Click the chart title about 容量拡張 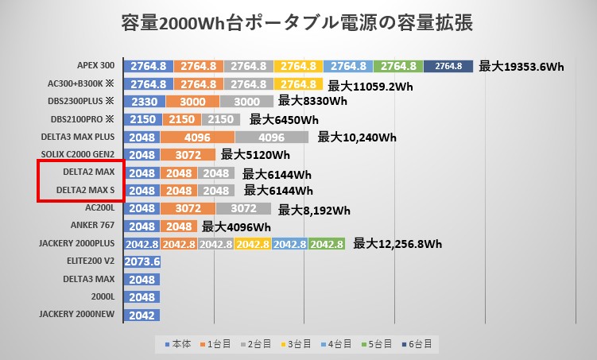(298, 22)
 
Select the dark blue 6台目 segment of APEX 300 (448, 66)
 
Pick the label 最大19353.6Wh (521, 67)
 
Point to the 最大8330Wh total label (312, 101)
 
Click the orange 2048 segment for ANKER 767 (180, 226)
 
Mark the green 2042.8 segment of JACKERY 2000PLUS (327, 244)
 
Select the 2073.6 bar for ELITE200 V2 (143, 261)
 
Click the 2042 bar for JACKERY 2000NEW (141, 315)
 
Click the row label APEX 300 (96, 66)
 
